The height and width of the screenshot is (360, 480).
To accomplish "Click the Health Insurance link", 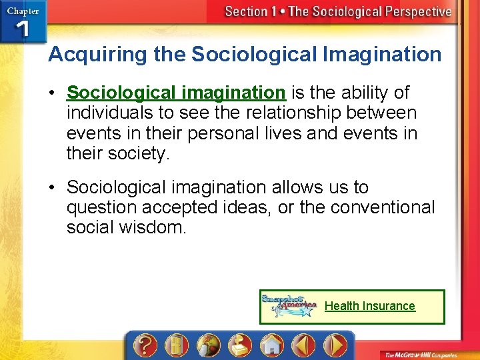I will pos(369,306).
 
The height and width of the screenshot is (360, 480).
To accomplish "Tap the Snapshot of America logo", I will pos(289,306).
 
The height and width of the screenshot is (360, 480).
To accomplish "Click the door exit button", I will pos(175,346).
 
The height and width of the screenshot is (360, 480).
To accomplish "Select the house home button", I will pos(271,346).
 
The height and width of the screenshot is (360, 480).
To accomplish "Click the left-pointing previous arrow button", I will pos(303,346).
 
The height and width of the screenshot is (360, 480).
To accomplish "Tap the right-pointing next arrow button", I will pos(335,346).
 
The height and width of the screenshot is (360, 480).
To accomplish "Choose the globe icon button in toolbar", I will pos(207,346).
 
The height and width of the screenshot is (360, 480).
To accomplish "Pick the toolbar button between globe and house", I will pos(239,346).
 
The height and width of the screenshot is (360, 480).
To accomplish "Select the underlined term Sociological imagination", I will pos(176,92).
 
